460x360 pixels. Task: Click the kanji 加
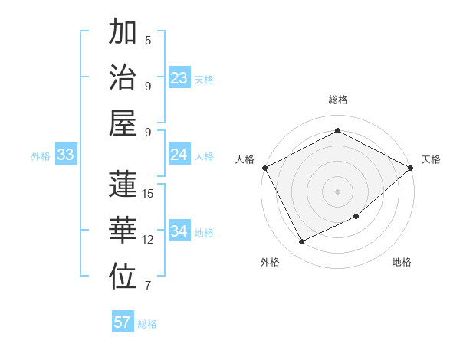[x=123, y=32]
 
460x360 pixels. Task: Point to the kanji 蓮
[x=123, y=186]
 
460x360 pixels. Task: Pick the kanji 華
[x=123, y=231]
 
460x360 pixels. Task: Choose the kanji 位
[x=123, y=277]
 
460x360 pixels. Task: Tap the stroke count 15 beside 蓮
[x=148, y=194]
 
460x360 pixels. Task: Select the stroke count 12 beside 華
[x=148, y=240]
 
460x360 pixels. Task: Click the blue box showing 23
[x=179, y=77]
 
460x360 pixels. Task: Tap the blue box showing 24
[x=179, y=155]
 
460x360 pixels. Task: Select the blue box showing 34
[x=179, y=231]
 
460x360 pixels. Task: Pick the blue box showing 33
[x=65, y=155]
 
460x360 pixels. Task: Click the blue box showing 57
[x=123, y=322]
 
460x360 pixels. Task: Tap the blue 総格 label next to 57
[x=147, y=323]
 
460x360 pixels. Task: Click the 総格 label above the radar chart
[x=337, y=100]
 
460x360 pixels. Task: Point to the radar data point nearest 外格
[x=301, y=242]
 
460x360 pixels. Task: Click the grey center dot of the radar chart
[x=337, y=191]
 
